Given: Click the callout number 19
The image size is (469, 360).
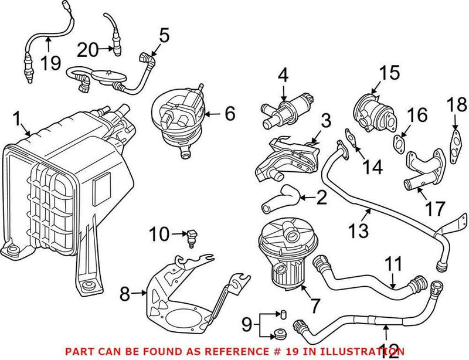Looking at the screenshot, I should point(50,63).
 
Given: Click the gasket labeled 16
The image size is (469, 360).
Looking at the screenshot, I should point(400,142).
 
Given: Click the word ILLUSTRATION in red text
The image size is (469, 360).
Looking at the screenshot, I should point(364,351).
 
